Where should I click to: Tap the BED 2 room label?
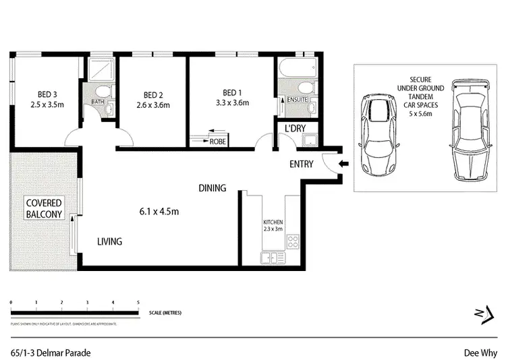(x=154, y=94)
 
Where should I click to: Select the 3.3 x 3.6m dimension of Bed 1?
(x=232, y=103)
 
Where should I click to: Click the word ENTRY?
(x=301, y=164)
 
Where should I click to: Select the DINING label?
(x=212, y=188)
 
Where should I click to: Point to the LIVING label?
(x=109, y=241)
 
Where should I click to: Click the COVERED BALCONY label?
(x=44, y=209)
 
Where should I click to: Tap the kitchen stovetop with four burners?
(x=293, y=241)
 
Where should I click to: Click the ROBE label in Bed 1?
(x=217, y=142)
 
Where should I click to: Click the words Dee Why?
(x=480, y=352)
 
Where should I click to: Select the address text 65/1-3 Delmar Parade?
(x=51, y=352)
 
